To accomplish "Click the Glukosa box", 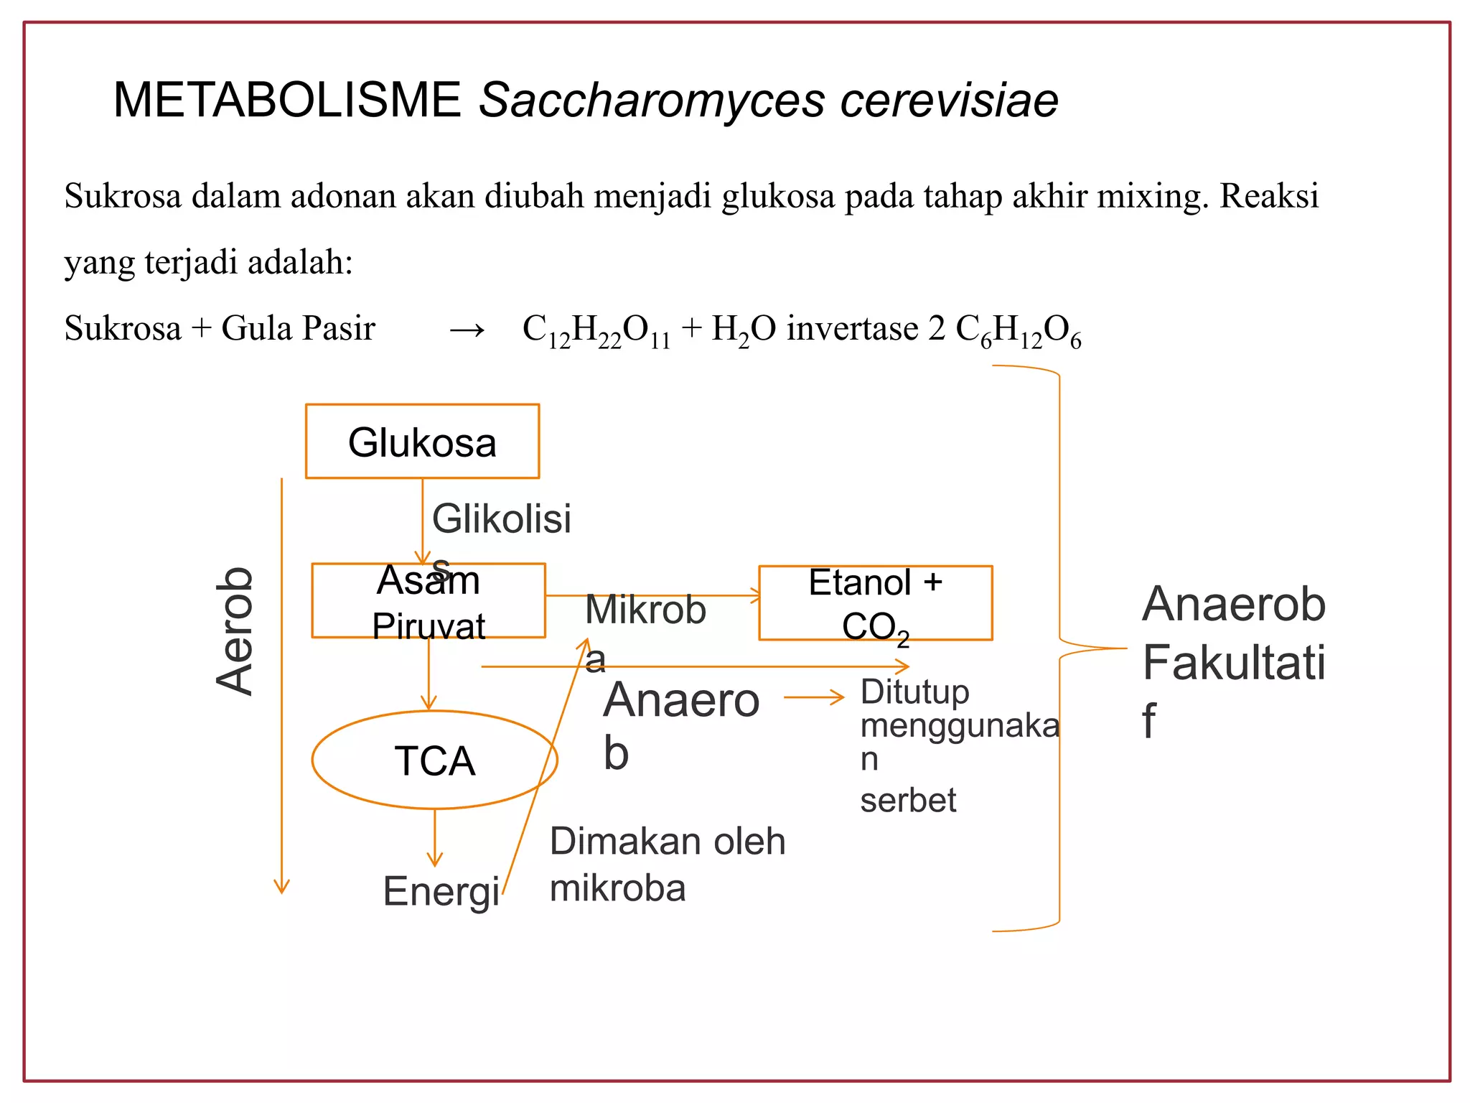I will pyautogui.click(x=422, y=442).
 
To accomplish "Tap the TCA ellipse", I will pyautogui.click(x=435, y=760).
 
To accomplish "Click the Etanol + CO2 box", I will pyautogui.click(x=876, y=603).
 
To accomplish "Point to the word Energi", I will pyautogui.click(x=441, y=892).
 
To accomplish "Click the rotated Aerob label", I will pyautogui.click(x=235, y=631).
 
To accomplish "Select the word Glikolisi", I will pyautogui.click(x=502, y=518).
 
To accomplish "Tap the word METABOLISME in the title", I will pyautogui.click(x=287, y=100).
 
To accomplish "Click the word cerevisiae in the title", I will pyautogui.click(x=949, y=100).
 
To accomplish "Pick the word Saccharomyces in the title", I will pyautogui.click(x=652, y=100).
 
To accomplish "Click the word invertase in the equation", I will pyautogui.click(x=852, y=329).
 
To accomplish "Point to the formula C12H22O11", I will pyautogui.click(x=596, y=330).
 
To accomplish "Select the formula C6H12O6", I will pyautogui.click(x=1018, y=330).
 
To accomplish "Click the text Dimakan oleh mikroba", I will pyautogui.click(x=668, y=865).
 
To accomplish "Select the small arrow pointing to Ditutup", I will pyautogui.click(x=814, y=697).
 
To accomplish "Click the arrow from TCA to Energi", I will pyautogui.click(x=435, y=837).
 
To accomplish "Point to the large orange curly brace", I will pyautogui.click(x=1059, y=648).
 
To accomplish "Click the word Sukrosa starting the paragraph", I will pyautogui.click(x=123, y=196).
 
